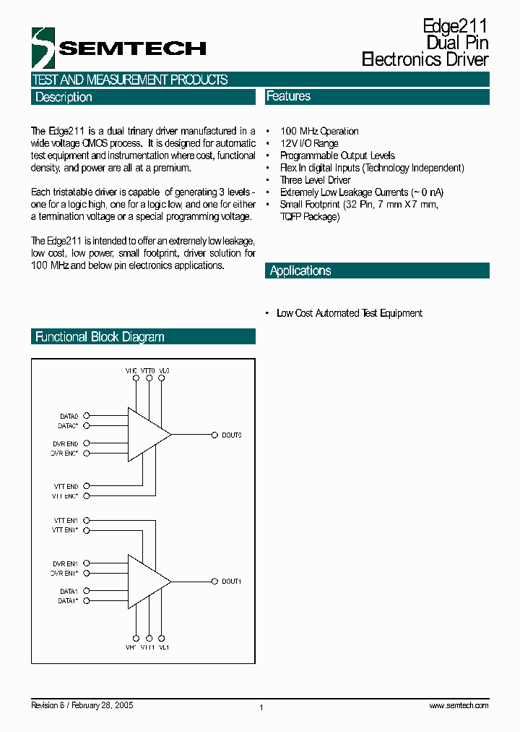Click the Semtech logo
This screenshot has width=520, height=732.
(118, 48)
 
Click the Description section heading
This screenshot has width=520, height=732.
(64, 97)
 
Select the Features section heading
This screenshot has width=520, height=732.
(288, 96)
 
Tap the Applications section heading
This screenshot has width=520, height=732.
(300, 271)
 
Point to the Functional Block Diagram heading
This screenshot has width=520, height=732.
(100, 336)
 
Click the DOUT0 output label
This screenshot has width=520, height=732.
(231, 435)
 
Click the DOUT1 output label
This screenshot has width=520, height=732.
(231, 581)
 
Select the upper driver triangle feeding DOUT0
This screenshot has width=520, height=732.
(147, 434)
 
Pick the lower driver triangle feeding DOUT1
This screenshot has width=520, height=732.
(147, 581)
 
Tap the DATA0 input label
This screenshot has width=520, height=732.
(69, 416)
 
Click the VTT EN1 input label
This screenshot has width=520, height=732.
(66, 520)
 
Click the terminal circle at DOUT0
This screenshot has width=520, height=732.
(214, 435)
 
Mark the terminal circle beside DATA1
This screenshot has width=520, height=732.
(87, 591)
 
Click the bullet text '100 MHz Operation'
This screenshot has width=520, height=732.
(319, 131)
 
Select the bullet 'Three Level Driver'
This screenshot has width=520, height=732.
(315, 180)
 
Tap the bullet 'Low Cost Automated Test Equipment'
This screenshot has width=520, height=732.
(350, 313)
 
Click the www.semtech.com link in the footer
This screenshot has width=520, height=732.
(459, 705)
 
